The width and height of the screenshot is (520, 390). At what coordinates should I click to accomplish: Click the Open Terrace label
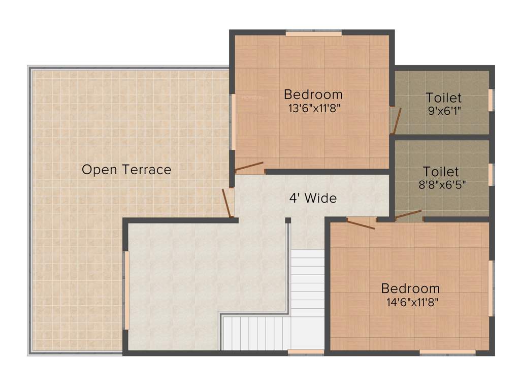click(126, 170)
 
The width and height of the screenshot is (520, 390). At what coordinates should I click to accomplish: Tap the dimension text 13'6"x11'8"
click(313, 108)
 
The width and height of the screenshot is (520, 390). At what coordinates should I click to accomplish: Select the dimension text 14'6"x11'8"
click(412, 302)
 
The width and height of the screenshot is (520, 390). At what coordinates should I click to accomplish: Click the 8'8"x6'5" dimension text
click(442, 184)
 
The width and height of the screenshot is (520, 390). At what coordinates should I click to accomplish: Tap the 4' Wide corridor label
click(313, 198)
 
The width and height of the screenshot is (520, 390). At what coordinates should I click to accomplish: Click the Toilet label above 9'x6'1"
click(444, 97)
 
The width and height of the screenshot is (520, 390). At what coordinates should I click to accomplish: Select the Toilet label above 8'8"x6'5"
click(441, 172)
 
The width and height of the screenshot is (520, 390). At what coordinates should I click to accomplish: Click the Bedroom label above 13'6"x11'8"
click(313, 94)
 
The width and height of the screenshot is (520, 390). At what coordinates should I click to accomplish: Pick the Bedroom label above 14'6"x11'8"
click(410, 288)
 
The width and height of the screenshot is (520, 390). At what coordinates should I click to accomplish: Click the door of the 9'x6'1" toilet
click(396, 120)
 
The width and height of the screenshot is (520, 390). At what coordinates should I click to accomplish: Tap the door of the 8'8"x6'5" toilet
click(408, 214)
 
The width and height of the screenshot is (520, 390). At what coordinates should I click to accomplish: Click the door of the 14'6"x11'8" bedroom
click(361, 223)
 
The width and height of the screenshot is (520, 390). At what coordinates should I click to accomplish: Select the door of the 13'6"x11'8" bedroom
click(249, 167)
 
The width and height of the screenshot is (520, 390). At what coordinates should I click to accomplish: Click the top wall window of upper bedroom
click(313, 34)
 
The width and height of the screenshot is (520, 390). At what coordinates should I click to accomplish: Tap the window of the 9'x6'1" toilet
click(491, 99)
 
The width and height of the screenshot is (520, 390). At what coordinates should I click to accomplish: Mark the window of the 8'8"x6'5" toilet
click(491, 174)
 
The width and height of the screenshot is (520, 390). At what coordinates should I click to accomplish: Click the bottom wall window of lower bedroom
click(447, 351)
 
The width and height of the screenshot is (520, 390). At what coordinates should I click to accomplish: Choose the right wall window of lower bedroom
click(491, 288)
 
